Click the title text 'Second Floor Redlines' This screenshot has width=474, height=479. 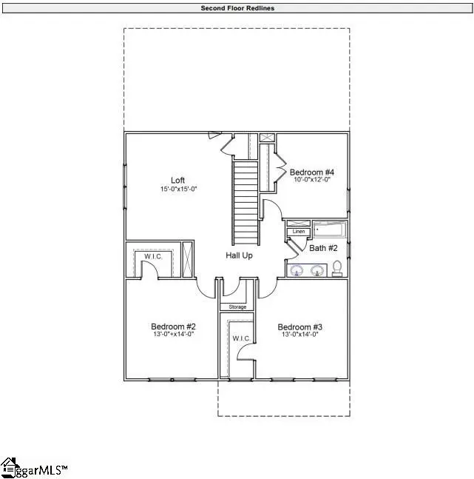[236, 8]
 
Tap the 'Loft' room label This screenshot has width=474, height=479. [177, 180]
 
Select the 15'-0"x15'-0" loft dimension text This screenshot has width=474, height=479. [178, 190]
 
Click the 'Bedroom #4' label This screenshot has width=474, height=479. [311, 171]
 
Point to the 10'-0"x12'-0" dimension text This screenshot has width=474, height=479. [311, 180]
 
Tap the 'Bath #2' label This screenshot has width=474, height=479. [323, 248]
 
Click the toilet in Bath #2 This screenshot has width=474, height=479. [337, 268]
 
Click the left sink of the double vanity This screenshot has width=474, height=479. [297, 270]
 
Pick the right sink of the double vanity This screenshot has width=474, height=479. [318, 270]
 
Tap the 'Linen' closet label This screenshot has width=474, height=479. [299, 232]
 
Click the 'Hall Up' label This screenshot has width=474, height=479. [240, 255]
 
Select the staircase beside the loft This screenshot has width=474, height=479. [246, 204]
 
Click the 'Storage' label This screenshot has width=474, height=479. [237, 307]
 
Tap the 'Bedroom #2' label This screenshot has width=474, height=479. [173, 326]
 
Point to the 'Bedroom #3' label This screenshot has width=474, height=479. [299, 326]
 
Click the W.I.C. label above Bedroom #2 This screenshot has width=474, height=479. [153, 257]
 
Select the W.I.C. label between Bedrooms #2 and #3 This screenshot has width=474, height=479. [241, 338]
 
